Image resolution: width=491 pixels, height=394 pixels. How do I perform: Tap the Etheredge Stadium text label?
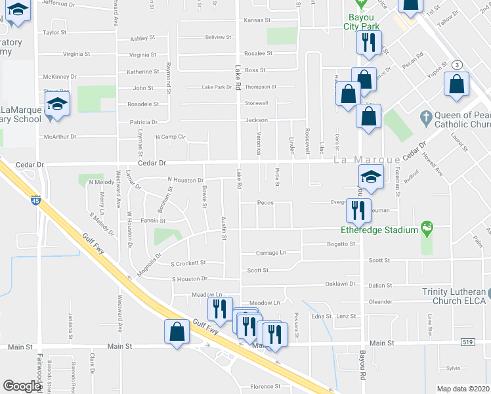click(x=379, y=230)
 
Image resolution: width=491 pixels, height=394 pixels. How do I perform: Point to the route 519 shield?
click(x=467, y=343)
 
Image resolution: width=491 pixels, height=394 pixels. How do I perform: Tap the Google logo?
click(x=22, y=386)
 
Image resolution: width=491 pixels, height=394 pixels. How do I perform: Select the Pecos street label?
click(x=265, y=203)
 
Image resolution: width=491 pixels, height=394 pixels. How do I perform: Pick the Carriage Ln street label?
click(x=271, y=252)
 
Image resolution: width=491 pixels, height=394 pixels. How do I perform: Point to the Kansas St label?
click(x=257, y=20)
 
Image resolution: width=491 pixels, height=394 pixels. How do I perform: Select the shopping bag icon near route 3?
click(x=456, y=85)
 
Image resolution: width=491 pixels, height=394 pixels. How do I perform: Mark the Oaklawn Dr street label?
click(x=340, y=284)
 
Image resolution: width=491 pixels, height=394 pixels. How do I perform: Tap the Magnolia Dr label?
click(x=149, y=257)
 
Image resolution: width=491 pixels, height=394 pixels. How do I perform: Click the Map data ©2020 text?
click(x=462, y=389)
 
